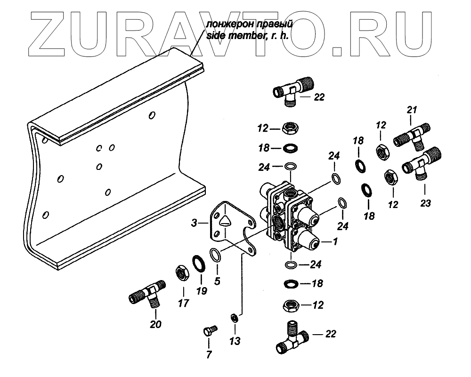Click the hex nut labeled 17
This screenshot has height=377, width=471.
coord(182,272)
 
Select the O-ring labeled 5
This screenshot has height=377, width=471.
coord(215,255)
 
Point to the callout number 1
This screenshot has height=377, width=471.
coord(335,241)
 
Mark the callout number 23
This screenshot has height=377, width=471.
coord(425,204)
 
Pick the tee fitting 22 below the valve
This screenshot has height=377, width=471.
coord(292,339)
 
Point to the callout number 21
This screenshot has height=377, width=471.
coord(413,110)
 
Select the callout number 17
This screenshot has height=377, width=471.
coord(183,303)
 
